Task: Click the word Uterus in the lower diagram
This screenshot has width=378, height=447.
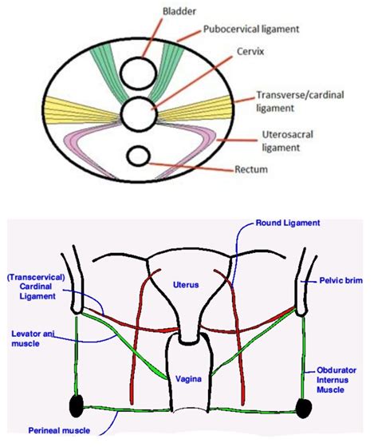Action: coord(188,285)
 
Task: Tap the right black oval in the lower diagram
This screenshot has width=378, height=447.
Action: coord(303,407)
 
